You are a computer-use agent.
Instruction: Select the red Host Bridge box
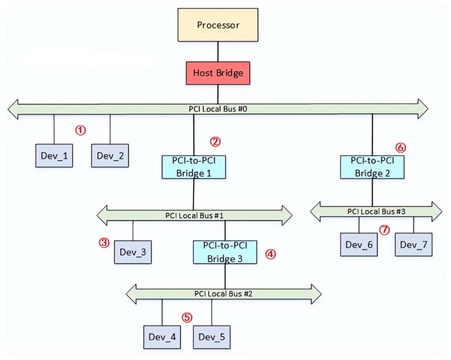click(x=218, y=73)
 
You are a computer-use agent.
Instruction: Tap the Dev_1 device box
click(x=54, y=156)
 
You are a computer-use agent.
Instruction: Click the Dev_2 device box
click(x=110, y=156)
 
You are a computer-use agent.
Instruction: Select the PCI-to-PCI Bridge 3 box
click(x=225, y=252)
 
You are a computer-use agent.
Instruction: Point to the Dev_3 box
click(x=132, y=252)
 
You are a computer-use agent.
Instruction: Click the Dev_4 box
click(x=162, y=337)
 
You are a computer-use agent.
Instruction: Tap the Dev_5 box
click(x=212, y=337)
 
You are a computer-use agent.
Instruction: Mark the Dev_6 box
click(x=359, y=244)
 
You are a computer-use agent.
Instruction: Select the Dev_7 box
click(x=413, y=244)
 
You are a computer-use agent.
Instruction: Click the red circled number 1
click(x=81, y=130)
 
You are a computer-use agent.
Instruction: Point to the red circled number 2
click(x=215, y=141)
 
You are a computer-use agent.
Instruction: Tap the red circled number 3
click(x=104, y=242)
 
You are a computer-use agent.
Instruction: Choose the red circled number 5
click(x=187, y=317)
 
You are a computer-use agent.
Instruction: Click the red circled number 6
click(x=401, y=148)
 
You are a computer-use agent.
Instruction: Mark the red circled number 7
click(x=385, y=230)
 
